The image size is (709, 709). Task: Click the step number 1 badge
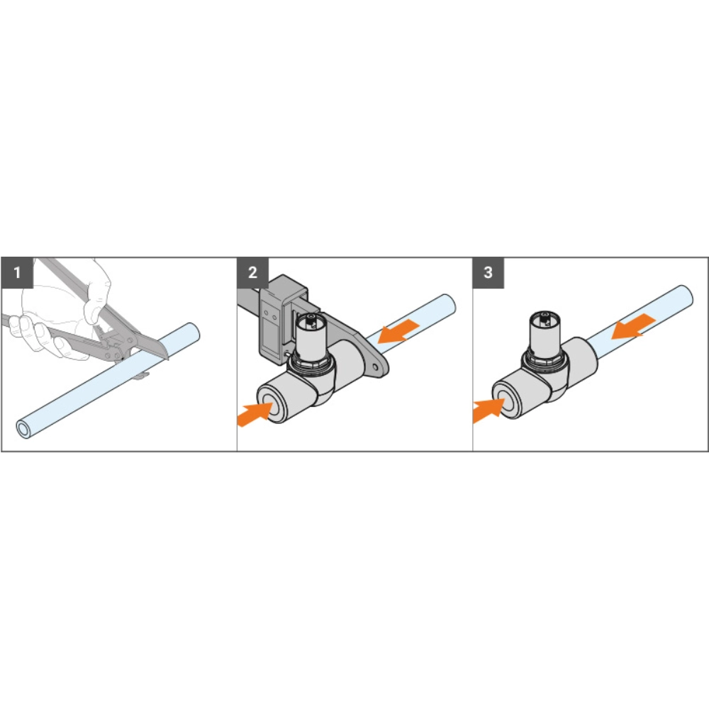tap(17, 273)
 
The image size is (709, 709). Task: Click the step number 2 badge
tap(253, 273)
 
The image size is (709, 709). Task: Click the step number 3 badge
tap(489, 273)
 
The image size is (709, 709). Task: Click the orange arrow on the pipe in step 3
tap(633, 326)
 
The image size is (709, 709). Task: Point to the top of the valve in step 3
tap(545, 316)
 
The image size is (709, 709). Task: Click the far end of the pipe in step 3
tap(686, 296)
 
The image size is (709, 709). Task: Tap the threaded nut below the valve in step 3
tap(542, 358)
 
